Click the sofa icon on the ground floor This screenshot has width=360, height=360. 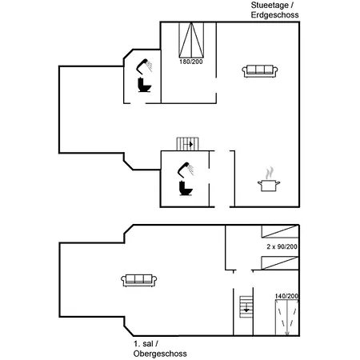(x=260, y=71)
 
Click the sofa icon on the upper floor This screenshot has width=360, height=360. (x=138, y=280)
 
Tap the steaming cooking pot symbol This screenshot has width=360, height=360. (x=269, y=179)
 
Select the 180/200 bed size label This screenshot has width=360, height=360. (x=191, y=62)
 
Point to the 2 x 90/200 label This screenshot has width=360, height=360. (x=282, y=246)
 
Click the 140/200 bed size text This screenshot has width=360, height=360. (x=286, y=296)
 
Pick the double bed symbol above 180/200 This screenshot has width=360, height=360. (x=191, y=40)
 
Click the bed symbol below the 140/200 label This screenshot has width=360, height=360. (x=287, y=318)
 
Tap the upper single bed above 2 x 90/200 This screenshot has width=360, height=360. (x=280, y=231)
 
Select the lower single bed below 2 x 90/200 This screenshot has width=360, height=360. (x=280, y=263)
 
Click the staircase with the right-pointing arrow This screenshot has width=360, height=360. (x=188, y=144)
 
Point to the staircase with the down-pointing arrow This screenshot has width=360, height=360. (x=246, y=306)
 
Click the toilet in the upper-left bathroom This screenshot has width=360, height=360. (x=144, y=85)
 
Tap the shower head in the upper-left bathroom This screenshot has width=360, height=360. (x=144, y=66)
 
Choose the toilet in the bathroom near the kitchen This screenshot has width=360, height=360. (x=186, y=188)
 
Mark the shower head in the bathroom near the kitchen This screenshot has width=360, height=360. (x=186, y=170)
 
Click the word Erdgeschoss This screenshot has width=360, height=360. (x=274, y=15)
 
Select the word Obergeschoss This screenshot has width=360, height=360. (x=160, y=354)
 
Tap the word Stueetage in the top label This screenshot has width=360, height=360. (x=270, y=6)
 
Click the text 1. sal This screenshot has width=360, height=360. (x=143, y=344)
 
